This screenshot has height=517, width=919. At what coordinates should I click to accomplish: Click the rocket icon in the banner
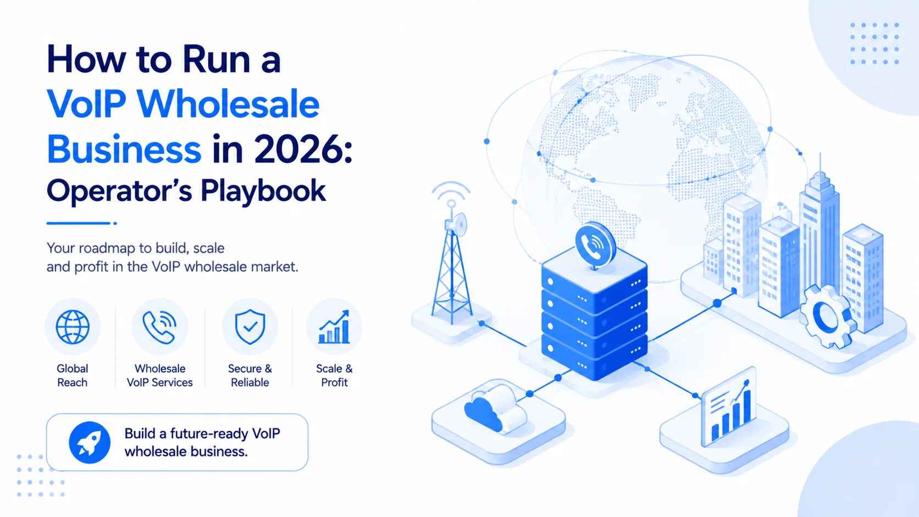(90, 442)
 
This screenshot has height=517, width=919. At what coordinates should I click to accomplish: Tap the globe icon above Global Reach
(73, 327)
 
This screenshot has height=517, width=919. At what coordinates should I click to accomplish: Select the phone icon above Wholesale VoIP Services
(159, 327)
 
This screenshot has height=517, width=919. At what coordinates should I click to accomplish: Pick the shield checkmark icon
(250, 327)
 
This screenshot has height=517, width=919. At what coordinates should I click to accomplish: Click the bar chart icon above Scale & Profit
(334, 327)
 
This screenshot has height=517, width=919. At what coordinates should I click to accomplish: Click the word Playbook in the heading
(263, 191)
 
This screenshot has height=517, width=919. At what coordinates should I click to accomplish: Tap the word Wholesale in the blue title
(228, 104)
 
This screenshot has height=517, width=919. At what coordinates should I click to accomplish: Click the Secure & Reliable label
(250, 375)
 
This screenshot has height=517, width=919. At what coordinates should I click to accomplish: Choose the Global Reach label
(73, 375)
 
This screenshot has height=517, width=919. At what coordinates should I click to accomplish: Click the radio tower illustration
(451, 263)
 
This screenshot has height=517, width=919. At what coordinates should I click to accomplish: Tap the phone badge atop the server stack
(595, 246)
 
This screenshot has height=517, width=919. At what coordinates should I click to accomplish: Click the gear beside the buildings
(828, 317)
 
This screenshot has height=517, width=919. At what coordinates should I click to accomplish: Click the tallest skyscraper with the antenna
(820, 230)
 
